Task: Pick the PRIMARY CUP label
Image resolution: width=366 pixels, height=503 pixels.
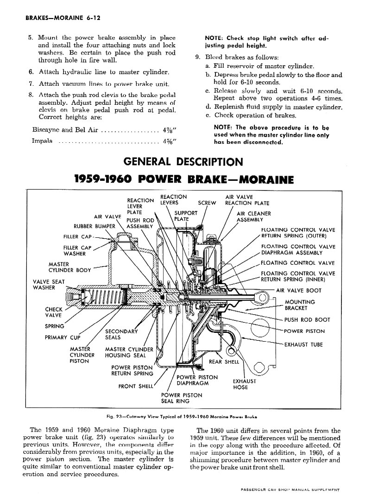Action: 63,337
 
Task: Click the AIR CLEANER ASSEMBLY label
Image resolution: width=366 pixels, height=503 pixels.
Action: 254,216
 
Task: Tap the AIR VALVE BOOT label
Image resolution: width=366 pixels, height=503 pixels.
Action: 298,291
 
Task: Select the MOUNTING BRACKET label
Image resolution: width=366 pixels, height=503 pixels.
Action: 300,305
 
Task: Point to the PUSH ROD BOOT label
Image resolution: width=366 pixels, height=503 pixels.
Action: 307,319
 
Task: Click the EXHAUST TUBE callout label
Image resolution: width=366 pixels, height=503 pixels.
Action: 303,344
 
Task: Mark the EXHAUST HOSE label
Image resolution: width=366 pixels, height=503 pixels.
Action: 244,384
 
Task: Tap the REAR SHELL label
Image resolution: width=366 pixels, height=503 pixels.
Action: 224,362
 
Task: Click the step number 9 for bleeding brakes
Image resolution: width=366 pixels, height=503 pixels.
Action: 197,57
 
